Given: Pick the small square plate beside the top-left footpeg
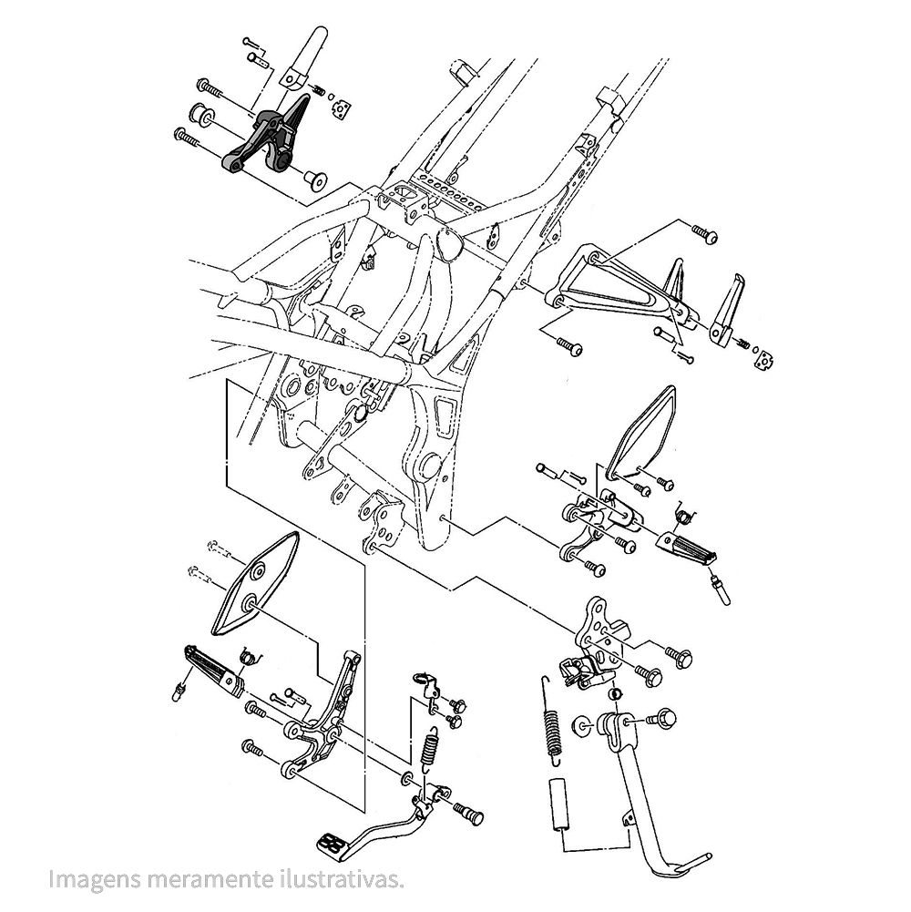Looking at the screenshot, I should pyautogui.click(x=343, y=108).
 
